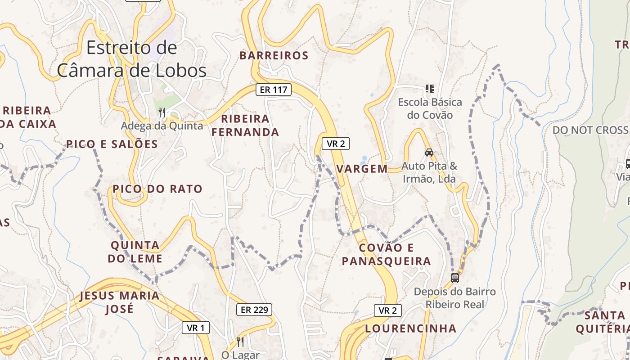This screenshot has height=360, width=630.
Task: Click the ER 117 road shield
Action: point(274,90)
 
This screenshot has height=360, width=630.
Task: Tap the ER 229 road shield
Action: point(254,310)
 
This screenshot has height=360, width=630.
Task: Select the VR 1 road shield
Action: point(196,328)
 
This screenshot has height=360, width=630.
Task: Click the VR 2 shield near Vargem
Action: point(336,144)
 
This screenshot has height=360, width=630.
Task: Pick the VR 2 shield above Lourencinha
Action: point(387,310)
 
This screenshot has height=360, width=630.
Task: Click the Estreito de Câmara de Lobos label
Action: point(132,59)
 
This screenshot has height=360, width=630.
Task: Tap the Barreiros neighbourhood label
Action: point(274,56)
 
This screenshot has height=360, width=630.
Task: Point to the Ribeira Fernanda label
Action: point(245,126)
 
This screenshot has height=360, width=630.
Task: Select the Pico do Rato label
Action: point(158,189)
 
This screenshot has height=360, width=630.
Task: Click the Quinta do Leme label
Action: point(135,252)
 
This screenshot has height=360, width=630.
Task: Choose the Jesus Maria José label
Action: point(120,302)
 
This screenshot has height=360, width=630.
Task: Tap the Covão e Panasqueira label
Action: point(387,254)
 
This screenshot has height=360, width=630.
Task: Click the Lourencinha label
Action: point(411,328)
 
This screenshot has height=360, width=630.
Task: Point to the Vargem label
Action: point(362,169)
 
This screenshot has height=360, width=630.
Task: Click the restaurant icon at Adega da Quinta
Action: point(162,112)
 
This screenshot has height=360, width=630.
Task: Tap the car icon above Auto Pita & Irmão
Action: point(429,152)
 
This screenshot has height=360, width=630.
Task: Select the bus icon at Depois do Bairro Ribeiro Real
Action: point(455,278)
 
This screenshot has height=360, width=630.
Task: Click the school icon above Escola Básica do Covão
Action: point(429,88)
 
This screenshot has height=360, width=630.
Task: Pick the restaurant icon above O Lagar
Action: point(240,342)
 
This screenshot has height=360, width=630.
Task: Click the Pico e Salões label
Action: point(112,144)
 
